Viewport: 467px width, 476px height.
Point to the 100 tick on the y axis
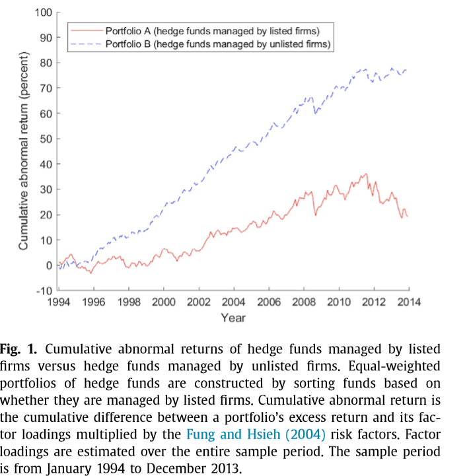click(x=44, y=12)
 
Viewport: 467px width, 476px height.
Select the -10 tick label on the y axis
click(x=43, y=290)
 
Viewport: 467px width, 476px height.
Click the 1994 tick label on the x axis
click(x=58, y=302)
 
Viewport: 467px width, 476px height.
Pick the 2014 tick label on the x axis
click(x=409, y=302)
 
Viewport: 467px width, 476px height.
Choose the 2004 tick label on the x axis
click(x=234, y=302)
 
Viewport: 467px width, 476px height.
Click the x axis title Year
click(x=233, y=318)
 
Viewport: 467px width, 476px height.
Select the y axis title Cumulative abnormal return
click(x=23, y=151)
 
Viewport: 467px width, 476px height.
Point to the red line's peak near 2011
click(x=366, y=174)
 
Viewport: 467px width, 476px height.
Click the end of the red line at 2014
click(x=408, y=216)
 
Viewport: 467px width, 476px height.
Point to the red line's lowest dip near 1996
click(x=90, y=273)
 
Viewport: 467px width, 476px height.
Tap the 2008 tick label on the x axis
click(x=304, y=302)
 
